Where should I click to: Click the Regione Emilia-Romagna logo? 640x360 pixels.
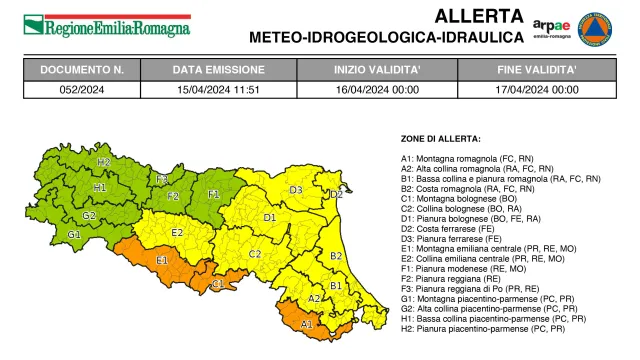coord(106,26)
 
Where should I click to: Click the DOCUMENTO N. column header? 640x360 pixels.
coord(82,70)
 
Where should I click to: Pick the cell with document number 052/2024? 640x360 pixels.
coord(82,88)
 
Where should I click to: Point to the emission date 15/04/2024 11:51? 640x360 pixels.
coord(219,88)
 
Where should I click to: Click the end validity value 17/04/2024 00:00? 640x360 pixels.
coord(537,88)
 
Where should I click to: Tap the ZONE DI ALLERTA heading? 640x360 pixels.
coord(441,138)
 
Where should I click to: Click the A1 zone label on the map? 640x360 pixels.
coord(307,324)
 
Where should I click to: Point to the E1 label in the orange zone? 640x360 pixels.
coord(161,260)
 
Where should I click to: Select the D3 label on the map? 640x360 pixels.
coord(296,189)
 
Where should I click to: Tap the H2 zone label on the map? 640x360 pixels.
coord(103,161)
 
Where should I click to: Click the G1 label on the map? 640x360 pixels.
coord(74,234)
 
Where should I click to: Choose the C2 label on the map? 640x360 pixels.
coord(255,254)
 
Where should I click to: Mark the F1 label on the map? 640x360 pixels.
coord(213,194)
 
